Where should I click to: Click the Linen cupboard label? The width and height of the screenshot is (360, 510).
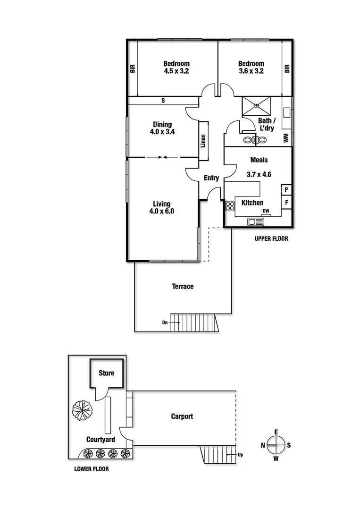(203, 141)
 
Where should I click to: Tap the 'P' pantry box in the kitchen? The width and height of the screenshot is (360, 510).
(286, 190)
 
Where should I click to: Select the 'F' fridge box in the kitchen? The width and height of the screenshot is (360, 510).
(286, 203)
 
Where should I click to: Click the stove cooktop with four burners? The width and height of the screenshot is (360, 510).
(230, 206)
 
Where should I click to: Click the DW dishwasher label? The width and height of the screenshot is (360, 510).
(266, 211)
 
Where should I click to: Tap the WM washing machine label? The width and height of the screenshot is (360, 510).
(285, 138)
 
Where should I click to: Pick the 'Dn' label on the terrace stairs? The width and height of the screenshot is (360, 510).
(165, 323)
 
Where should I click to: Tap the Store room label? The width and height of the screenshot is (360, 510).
(106, 373)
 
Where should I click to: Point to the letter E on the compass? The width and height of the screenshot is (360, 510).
(276, 432)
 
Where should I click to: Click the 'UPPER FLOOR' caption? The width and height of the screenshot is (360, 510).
(271, 239)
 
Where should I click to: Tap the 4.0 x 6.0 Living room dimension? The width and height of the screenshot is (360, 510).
(161, 212)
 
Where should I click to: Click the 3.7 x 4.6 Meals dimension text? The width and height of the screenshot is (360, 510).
(259, 174)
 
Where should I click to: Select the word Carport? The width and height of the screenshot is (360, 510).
(182, 416)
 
